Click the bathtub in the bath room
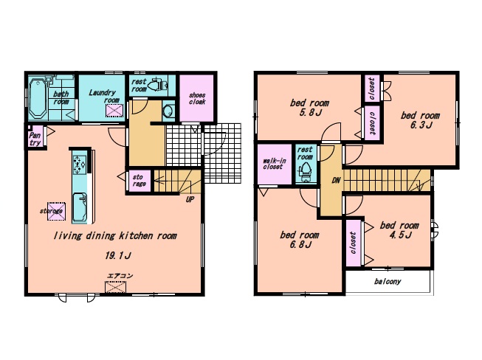pyautogui.click(x=38, y=98)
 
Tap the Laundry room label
pyautogui.click(x=103, y=96)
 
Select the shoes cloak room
pyautogui.click(x=197, y=98)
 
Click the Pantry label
pyautogui.click(x=35, y=139)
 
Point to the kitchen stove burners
pyautogui.click(x=79, y=164)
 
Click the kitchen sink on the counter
pyautogui.click(x=80, y=207)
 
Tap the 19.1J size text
pyautogui.click(x=118, y=255)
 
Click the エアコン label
pyautogui.click(x=120, y=276)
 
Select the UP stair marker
pyautogui.click(x=190, y=200)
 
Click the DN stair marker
pyautogui.click(x=336, y=180)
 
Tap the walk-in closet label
pyautogui.click(x=274, y=164)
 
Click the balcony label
pyautogui.click(x=388, y=281)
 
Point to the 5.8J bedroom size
pyautogui.click(x=311, y=113)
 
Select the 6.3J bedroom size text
pyautogui.click(x=421, y=125)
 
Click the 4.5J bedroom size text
pyautogui.click(x=400, y=235)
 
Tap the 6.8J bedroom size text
pyautogui.click(x=300, y=245)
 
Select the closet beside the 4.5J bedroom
pyautogui.click(x=354, y=243)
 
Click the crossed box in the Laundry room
pyautogui.click(x=114, y=111)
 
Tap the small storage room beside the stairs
pyautogui.click(x=140, y=181)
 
